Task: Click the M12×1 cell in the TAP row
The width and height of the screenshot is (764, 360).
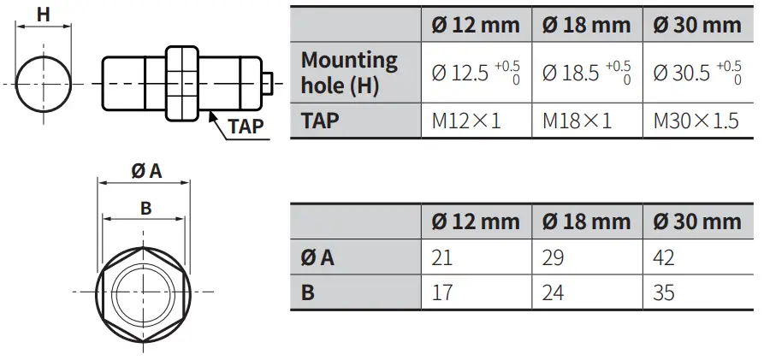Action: (x=466, y=121)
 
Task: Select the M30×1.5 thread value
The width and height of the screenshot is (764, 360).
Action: (x=696, y=121)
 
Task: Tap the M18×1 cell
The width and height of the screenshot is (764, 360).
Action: (x=577, y=121)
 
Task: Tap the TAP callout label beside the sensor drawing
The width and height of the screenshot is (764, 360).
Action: (x=246, y=128)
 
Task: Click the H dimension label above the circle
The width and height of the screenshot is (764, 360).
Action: (x=42, y=14)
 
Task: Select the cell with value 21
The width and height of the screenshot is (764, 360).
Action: (x=442, y=257)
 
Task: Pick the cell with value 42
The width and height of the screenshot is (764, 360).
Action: (x=663, y=257)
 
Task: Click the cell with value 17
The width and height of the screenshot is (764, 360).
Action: (x=442, y=292)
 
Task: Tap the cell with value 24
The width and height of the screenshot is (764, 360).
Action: (x=553, y=292)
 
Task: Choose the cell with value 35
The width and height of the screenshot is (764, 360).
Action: (x=663, y=292)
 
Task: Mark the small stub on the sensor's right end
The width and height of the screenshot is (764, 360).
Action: (x=268, y=82)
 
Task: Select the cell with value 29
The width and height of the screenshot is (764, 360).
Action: (x=553, y=257)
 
